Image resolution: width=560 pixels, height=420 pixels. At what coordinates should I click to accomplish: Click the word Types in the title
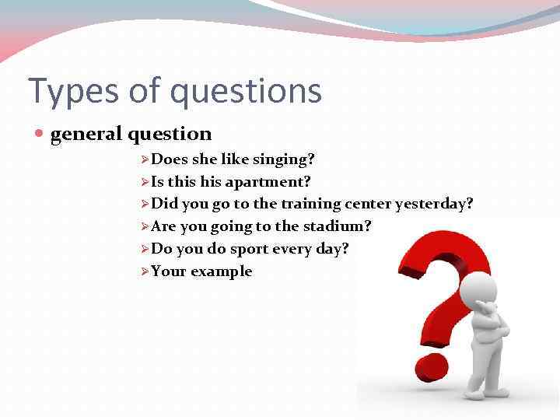click(x=66, y=91)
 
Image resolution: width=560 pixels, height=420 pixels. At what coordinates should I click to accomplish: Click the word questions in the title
click(x=246, y=91)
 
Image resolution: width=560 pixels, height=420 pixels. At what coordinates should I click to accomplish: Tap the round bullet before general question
click(x=40, y=135)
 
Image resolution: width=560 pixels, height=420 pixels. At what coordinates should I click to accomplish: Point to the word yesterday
click(x=434, y=204)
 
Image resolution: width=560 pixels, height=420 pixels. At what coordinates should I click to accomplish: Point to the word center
click(x=369, y=204)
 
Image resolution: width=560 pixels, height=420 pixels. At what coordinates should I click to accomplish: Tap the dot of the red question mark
click(x=430, y=365)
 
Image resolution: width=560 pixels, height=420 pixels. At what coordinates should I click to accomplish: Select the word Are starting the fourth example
click(x=163, y=226)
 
